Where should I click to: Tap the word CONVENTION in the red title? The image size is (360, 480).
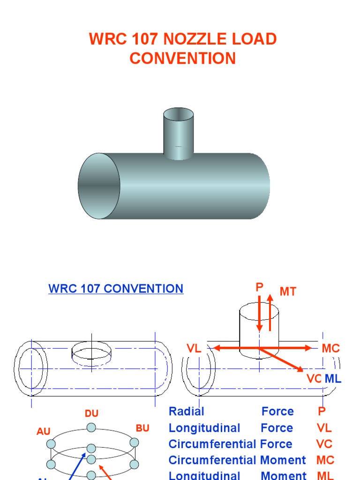point(182,59)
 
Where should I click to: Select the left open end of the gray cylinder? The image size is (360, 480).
point(99,186)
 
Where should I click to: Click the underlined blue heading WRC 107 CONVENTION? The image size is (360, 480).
point(116,289)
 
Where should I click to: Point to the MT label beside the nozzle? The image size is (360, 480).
point(288,292)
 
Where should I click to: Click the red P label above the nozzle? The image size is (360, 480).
point(259,287)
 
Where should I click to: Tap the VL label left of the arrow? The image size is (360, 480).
point(194,348)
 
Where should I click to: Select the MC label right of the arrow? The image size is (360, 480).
point(330,348)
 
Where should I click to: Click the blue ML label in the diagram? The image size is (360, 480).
point(333,379)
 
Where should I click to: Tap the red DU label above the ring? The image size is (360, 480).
point(91,413)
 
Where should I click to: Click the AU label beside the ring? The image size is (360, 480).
point(44,431)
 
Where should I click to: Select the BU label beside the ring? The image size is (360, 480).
point(142,428)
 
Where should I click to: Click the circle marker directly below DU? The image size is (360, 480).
point(91,427)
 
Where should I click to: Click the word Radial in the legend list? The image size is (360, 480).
point(186,412)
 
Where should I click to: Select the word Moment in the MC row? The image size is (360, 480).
point(283,460)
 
